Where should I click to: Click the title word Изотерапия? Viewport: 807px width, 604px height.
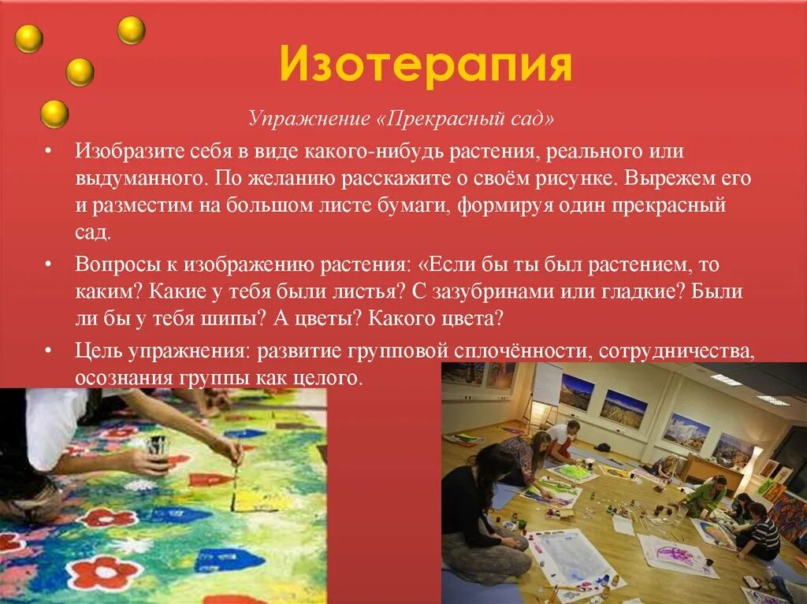[425, 65]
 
